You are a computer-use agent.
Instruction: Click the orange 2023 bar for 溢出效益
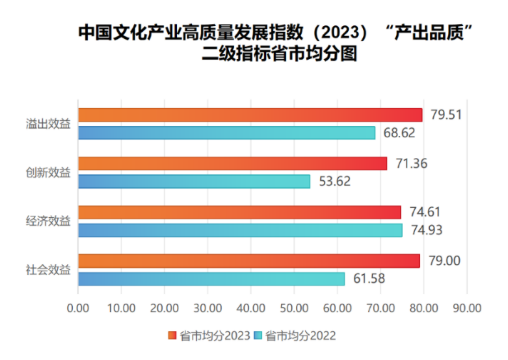pos(250,115)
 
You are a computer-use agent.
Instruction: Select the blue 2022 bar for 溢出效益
pos(226,133)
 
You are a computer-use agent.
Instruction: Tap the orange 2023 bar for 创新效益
pos(233,163)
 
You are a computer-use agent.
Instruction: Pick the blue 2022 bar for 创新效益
pos(194,181)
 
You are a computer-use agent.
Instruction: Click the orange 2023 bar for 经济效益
pos(239,212)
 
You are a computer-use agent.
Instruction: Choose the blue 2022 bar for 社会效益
pos(211,279)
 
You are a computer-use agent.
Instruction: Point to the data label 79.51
pos(446,115)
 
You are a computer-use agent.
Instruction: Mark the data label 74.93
pos(426,230)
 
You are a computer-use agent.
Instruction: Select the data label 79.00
pos(443,261)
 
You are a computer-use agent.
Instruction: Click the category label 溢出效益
pos(48,124)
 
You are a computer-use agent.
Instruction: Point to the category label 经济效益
pos(48,221)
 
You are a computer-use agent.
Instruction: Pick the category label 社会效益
pos(48,270)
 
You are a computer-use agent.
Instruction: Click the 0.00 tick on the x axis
pos(78,308)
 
